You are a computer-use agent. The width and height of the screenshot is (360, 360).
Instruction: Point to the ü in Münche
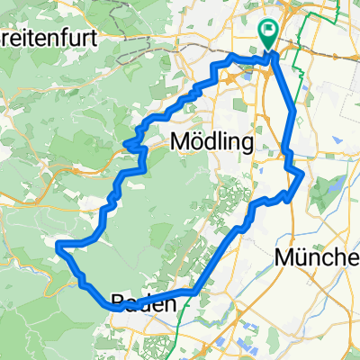(301, 258)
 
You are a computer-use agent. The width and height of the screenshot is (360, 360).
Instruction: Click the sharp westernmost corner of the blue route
(58, 244)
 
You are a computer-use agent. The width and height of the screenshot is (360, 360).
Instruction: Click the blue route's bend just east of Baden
(194, 292)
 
